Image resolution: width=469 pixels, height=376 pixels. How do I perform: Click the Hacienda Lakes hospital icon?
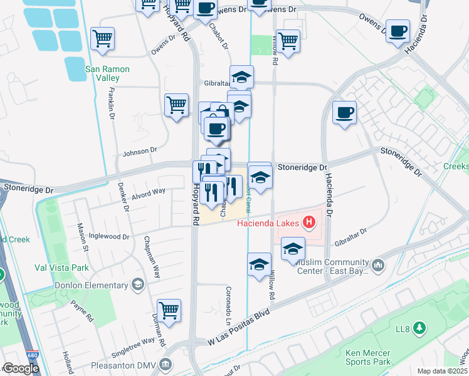tap(308, 222)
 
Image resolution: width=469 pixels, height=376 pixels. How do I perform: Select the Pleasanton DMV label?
tap(131, 363)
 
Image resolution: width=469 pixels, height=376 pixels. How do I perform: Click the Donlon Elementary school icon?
tap(137, 285)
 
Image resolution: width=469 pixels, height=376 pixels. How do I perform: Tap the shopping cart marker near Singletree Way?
tap(169, 309)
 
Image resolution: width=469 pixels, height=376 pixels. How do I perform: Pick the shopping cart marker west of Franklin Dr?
tap(102, 38)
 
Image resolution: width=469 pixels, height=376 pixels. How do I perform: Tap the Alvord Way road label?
tap(149, 191)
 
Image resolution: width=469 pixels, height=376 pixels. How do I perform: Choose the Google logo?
tap(21, 368)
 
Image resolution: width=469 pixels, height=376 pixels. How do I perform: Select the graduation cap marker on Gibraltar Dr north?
tap(241, 77)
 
